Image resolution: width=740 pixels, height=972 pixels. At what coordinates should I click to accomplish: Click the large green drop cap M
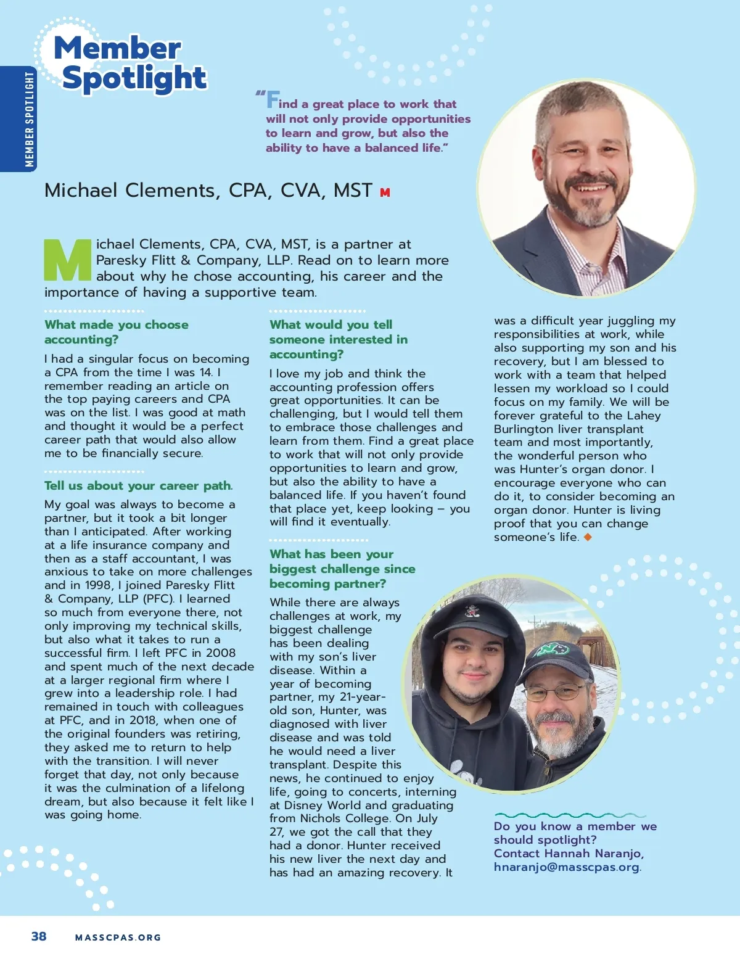[x=68, y=260]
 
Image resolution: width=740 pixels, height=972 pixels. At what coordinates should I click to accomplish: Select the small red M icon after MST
[x=385, y=192]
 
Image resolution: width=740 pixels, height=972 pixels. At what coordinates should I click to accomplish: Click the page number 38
[x=39, y=936]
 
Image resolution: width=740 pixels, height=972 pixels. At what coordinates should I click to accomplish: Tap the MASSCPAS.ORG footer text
[x=118, y=937]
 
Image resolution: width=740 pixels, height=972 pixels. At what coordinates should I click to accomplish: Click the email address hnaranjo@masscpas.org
[x=566, y=867]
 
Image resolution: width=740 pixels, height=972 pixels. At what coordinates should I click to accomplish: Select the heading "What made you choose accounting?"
[x=117, y=332]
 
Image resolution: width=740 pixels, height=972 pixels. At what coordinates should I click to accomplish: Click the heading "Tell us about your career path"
[x=138, y=486]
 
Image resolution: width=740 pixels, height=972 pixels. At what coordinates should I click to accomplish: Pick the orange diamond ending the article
[x=588, y=537]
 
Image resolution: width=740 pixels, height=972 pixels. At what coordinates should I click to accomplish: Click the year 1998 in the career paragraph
[x=96, y=585]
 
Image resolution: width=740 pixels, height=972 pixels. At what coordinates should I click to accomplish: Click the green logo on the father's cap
[x=552, y=649]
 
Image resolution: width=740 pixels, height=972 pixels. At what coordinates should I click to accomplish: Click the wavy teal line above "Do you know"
[x=570, y=815]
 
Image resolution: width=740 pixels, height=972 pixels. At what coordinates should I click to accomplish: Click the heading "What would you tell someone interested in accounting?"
[x=339, y=339]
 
